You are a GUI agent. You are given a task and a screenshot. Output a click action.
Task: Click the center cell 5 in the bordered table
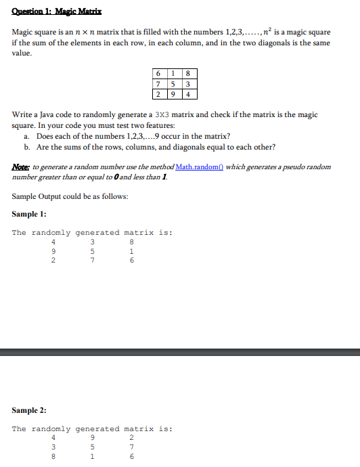pyautogui.click(x=174, y=84)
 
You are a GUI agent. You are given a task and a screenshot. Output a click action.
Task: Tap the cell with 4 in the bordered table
pyautogui.click(x=188, y=93)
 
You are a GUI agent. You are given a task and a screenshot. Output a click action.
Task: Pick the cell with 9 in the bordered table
pyautogui.click(x=174, y=93)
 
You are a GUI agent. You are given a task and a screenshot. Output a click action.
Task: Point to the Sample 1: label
pyautogui.click(x=29, y=214)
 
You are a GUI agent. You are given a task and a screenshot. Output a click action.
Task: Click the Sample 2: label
pyautogui.click(x=29, y=410)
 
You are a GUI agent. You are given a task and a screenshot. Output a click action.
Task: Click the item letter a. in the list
pyautogui.click(x=26, y=136)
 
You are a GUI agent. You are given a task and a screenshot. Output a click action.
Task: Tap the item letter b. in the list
pyautogui.click(x=26, y=146)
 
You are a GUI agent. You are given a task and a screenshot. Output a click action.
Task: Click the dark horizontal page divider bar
pyautogui.click(x=180, y=351)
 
